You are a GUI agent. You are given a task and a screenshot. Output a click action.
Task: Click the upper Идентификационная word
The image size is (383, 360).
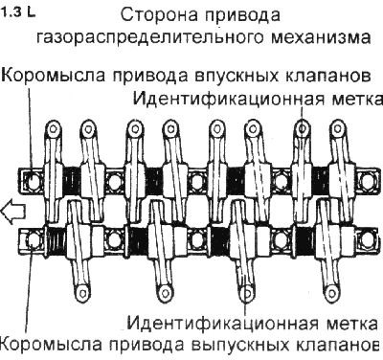point(219,98)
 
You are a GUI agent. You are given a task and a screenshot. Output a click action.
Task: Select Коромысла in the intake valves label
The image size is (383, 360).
point(43,76)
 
